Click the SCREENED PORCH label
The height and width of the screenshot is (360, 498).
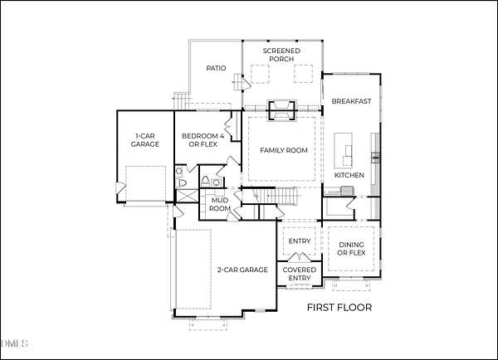click(281, 55)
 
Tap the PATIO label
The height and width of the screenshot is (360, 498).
click(216, 68)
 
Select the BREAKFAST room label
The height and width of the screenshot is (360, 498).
click(351, 101)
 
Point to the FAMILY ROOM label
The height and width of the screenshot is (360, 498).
click(284, 150)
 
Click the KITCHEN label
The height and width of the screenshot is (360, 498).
click(349, 175)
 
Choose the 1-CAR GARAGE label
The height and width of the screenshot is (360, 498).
click(145, 140)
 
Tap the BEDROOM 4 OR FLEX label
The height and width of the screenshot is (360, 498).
click(203, 140)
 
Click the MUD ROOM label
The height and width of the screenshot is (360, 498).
click(220, 204)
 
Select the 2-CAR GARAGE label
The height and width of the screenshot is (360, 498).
click(242, 270)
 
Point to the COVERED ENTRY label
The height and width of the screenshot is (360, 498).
click(299, 274)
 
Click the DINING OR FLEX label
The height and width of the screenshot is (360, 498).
click(351, 249)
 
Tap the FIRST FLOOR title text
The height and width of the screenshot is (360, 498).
click(339, 307)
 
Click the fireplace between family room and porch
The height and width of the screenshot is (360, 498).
click(281, 111)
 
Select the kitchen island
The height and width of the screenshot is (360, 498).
click(343, 151)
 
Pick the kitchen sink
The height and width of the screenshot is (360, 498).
click(348, 191)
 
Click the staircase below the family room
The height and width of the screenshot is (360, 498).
click(275, 196)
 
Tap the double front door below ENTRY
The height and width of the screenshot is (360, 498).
click(299, 257)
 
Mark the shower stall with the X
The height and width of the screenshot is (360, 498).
click(187, 195)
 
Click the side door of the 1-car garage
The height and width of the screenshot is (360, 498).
click(120, 188)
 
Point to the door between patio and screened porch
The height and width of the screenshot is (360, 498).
click(246, 83)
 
